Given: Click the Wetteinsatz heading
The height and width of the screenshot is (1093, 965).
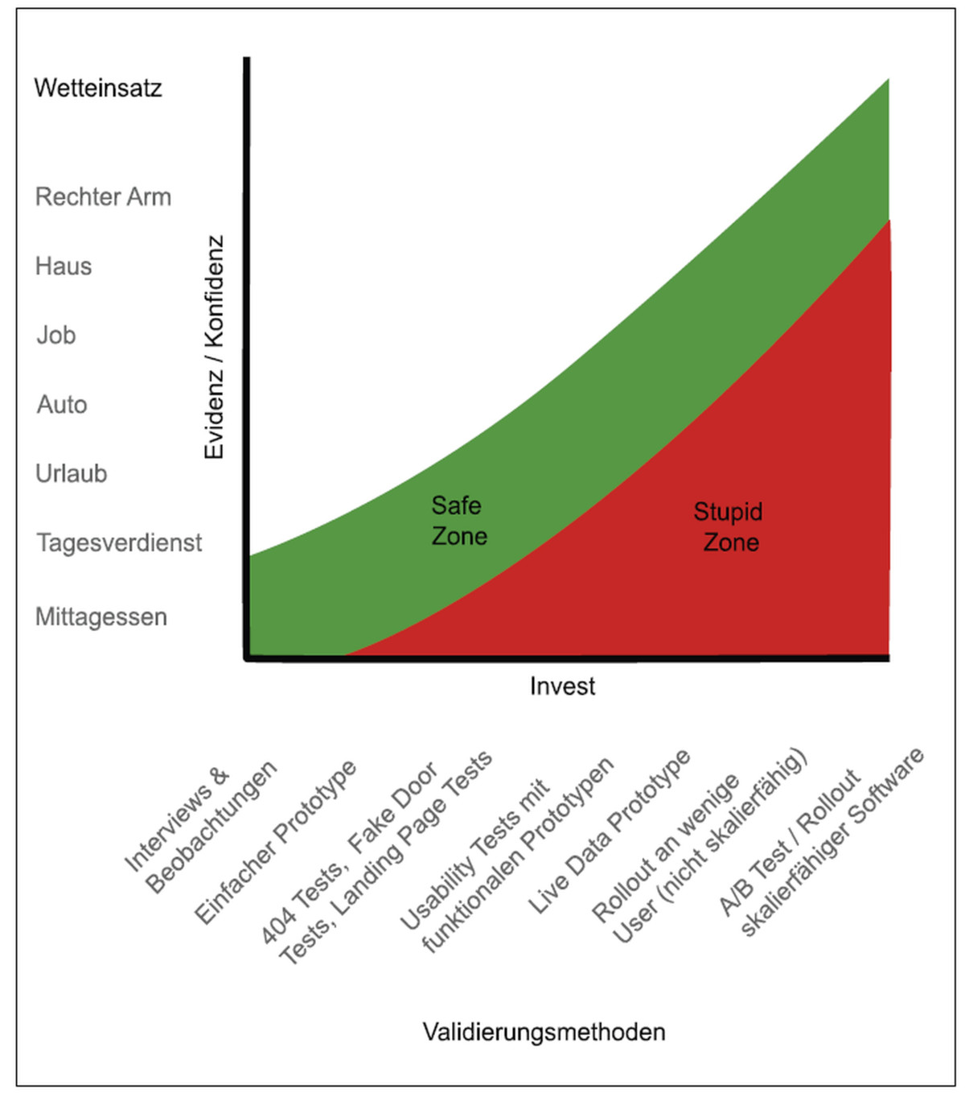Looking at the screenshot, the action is [97, 88].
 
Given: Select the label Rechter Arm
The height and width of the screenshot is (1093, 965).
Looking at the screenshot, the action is [103, 197].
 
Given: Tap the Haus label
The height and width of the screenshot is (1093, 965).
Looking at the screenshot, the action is [64, 266].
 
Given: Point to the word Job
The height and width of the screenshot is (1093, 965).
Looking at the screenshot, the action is [56, 335].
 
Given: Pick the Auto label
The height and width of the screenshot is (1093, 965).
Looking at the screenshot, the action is [62, 405].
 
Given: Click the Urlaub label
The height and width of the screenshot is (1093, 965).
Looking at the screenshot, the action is [71, 474].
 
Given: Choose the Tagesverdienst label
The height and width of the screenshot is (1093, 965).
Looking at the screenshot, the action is [119, 542].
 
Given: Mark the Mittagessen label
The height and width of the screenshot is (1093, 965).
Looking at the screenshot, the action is [101, 617].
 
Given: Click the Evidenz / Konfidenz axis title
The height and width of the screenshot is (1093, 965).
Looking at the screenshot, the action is [214, 347].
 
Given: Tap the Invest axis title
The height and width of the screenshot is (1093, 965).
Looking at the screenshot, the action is [562, 687].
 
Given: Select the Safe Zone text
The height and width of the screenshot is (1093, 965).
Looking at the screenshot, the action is [459, 521].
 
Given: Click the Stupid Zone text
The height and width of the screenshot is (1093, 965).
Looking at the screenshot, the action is [729, 527].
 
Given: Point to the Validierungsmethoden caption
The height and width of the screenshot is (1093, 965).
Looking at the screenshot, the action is [544, 1032].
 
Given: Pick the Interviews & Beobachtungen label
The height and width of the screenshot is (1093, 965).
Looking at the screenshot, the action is [200, 829].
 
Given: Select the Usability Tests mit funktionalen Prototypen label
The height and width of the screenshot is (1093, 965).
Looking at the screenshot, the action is [507, 858].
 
